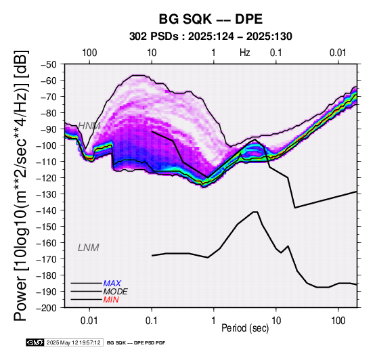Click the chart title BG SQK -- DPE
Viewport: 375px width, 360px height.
(x=211, y=19)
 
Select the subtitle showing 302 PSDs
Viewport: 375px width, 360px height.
(x=211, y=37)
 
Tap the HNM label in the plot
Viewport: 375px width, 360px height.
(x=89, y=126)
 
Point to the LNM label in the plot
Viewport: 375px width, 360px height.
(x=88, y=248)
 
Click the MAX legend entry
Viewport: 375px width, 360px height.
(x=112, y=284)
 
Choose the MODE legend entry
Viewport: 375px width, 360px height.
(x=115, y=292)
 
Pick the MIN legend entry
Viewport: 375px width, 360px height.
(x=111, y=300)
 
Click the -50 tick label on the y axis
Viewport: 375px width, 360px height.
(x=49, y=64)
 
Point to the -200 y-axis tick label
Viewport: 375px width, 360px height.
(x=47, y=308)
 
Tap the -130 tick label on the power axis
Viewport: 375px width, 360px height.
(x=47, y=194)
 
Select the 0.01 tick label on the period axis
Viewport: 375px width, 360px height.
(x=89, y=321)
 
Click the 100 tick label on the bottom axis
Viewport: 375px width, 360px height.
(x=338, y=321)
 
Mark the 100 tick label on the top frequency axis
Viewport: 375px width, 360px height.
(x=89, y=53)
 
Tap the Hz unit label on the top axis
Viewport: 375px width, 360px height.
(x=245, y=53)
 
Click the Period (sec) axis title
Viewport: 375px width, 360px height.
(x=245, y=328)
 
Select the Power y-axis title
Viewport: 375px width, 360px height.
(x=21, y=185)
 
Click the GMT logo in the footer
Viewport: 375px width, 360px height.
(x=35, y=342)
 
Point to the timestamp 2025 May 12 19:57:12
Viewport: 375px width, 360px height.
(x=73, y=342)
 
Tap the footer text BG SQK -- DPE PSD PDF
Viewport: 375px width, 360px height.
(x=136, y=343)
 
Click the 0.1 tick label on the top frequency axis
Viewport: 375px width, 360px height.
(x=276, y=53)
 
